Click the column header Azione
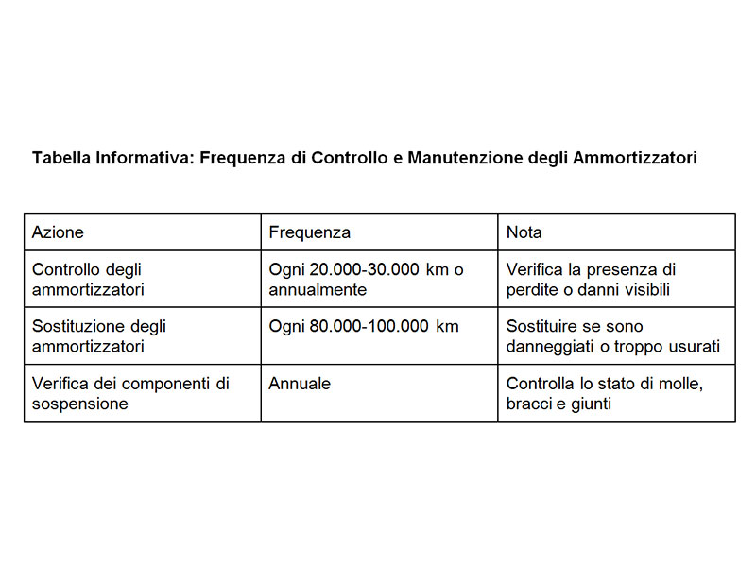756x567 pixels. coord(58,232)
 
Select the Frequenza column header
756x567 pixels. coord(309,232)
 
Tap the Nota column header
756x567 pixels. coord(524,232)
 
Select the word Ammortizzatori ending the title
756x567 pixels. coord(635,159)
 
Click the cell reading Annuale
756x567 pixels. coord(300,384)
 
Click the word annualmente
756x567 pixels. coord(318,289)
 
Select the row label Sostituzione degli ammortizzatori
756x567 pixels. coord(99,336)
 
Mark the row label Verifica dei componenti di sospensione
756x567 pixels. coord(130,393)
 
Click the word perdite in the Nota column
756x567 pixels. coord(532,289)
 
